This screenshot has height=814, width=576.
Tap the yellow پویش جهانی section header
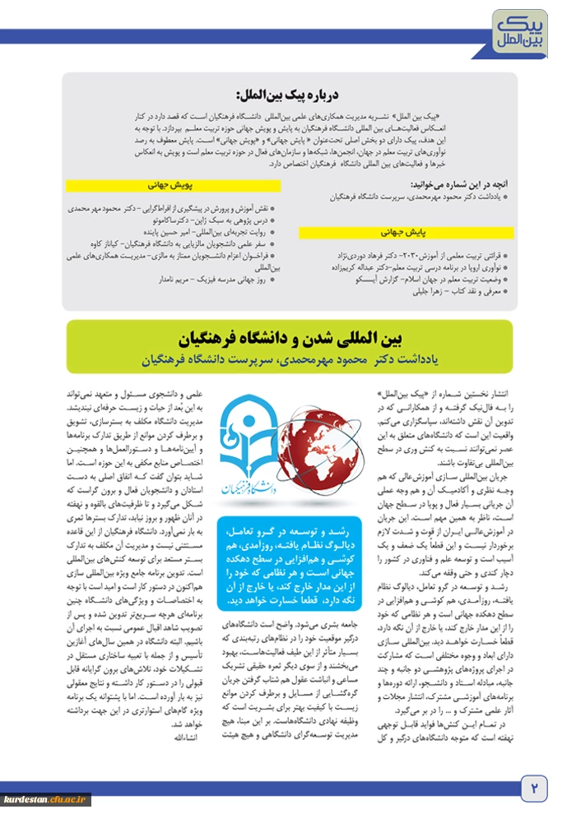(170, 187)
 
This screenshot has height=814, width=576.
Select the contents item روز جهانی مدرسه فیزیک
(216, 280)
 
